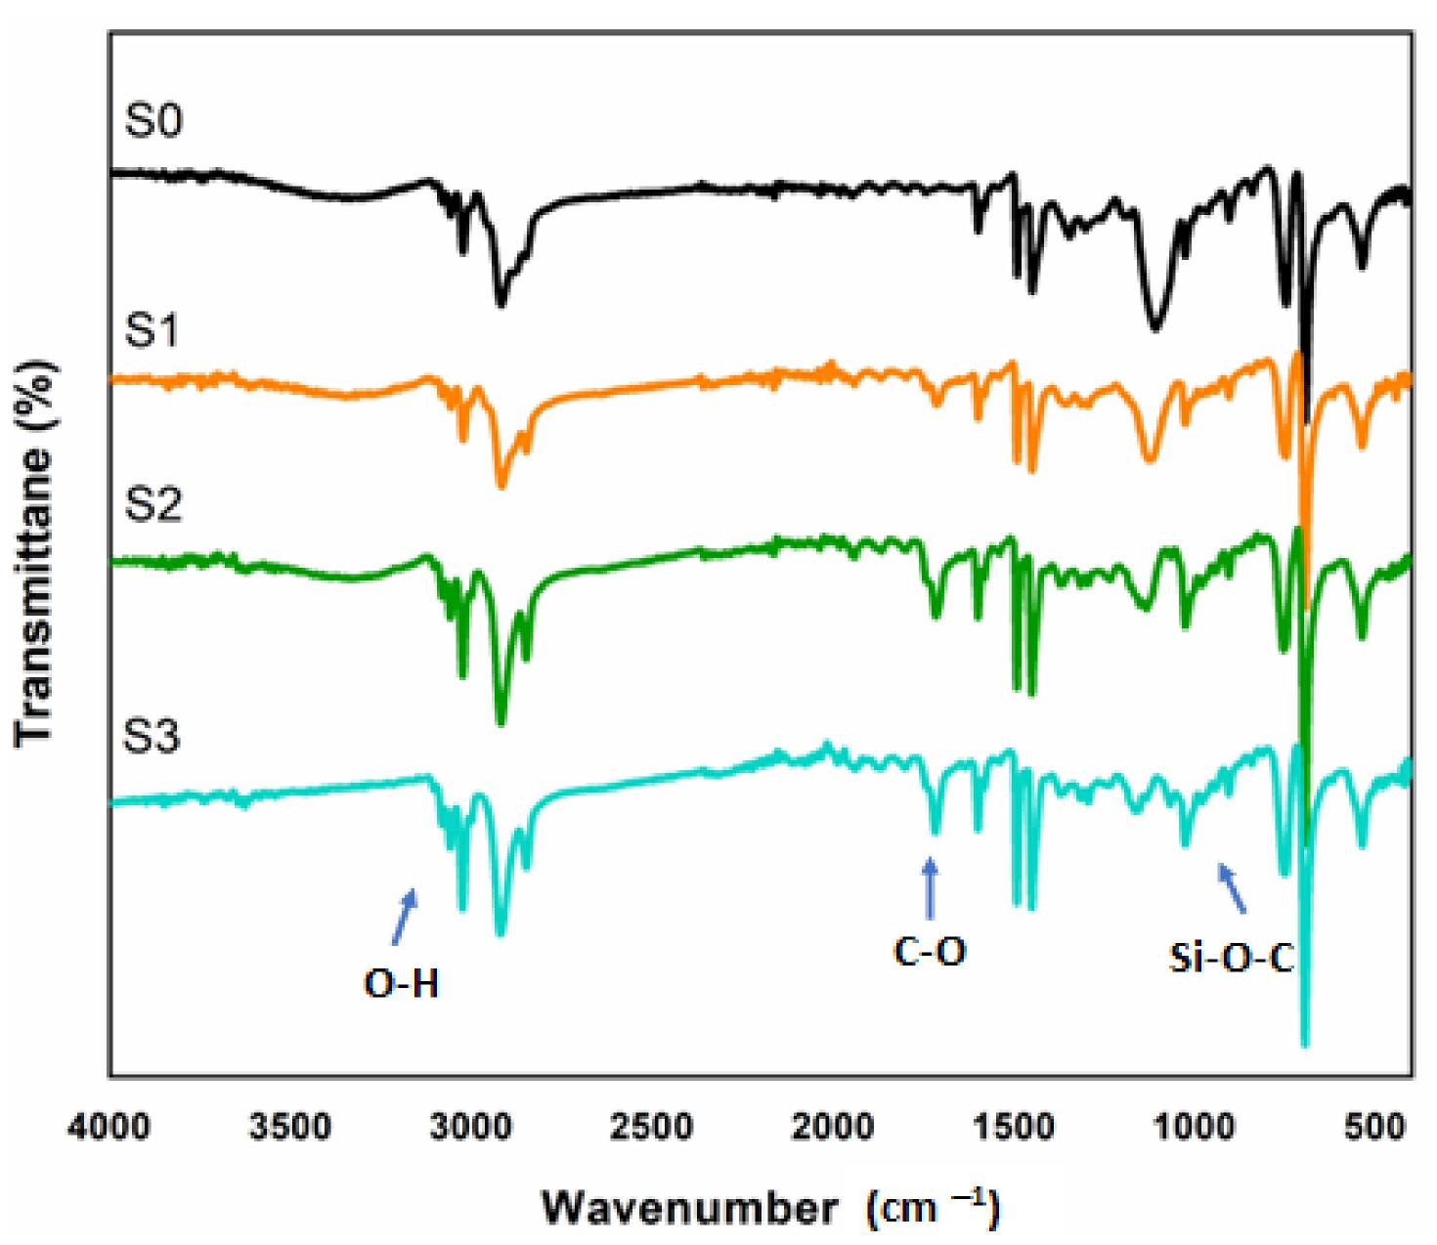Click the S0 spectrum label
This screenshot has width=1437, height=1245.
(x=153, y=124)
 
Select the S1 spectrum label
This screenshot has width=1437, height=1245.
(x=153, y=333)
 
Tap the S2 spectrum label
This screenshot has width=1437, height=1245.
(x=153, y=506)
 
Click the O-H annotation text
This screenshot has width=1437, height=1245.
(x=402, y=985)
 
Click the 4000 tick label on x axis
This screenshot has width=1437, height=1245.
(x=109, y=1127)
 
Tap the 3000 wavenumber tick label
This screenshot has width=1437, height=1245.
(x=473, y=1127)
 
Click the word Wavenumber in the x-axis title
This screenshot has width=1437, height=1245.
(x=689, y=1209)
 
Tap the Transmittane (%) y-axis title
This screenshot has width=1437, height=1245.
(x=36, y=552)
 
